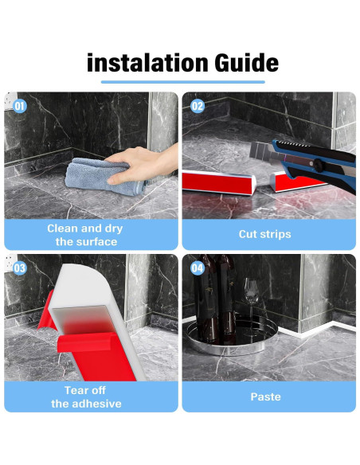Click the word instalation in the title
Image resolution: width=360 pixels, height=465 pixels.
tap(147, 63)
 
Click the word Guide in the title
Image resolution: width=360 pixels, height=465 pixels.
tap(246, 63)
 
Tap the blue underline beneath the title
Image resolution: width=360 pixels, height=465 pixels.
tap(183, 82)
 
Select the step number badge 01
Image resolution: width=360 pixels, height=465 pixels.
tap(20, 106)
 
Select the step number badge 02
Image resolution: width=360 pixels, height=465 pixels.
tap(198, 106)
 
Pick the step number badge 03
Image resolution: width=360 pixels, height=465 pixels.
tap(20, 268)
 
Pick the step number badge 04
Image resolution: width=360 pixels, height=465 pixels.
tap(198, 268)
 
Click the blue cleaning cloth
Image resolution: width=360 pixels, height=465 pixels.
tap(101, 177)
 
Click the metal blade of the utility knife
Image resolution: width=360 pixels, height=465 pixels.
tap(263, 152)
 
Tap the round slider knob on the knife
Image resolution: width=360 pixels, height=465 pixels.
tap(319, 165)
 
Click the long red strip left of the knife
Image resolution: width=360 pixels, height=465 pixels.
tap(219, 182)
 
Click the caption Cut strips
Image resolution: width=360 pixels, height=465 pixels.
tap(264, 234)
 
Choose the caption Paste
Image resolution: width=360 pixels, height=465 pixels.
tap(265, 397)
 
